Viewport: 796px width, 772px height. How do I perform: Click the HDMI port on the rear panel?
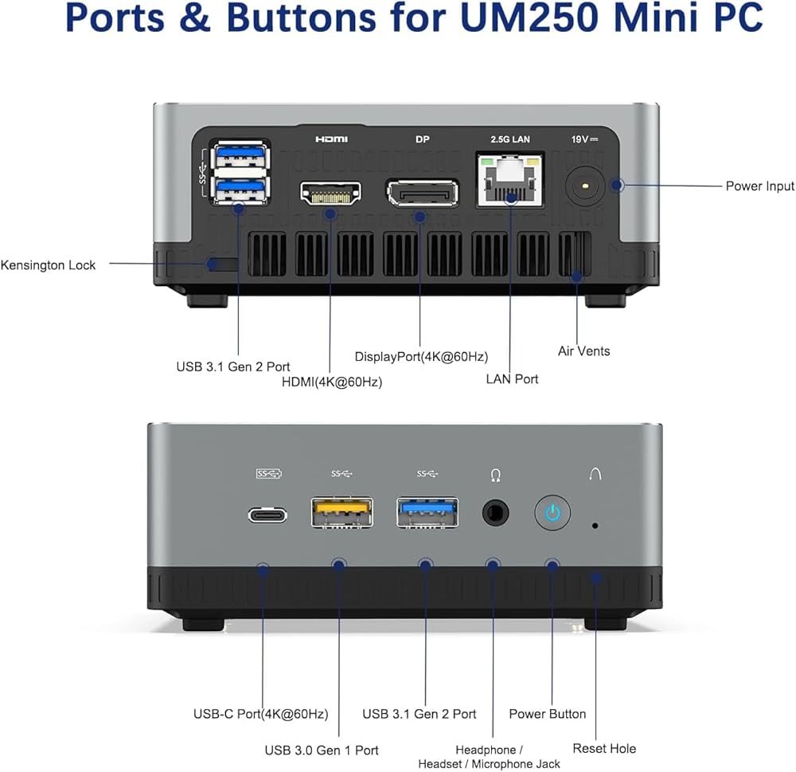click(x=330, y=192)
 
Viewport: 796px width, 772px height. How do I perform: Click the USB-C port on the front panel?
click(x=267, y=515)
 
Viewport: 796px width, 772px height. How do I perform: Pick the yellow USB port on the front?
click(x=341, y=512)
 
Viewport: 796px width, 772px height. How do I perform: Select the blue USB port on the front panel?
click(x=427, y=512)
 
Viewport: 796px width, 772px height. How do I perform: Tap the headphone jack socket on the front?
click(x=496, y=512)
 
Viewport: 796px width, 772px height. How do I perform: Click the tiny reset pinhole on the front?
click(x=595, y=526)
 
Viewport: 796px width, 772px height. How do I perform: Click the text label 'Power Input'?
click(x=759, y=186)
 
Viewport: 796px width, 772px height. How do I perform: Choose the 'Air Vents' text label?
click(x=583, y=351)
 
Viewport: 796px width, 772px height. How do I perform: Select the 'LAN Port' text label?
click(x=512, y=379)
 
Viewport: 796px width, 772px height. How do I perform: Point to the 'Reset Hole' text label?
click(x=604, y=748)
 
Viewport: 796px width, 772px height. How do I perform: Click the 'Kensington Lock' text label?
click(x=48, y=265)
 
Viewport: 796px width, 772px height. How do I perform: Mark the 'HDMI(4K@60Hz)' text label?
click(x=332, y=382)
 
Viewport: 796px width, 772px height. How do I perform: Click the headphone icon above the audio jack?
click(x=496, y=475)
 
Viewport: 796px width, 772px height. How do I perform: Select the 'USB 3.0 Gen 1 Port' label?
click(x=322, y=750)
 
